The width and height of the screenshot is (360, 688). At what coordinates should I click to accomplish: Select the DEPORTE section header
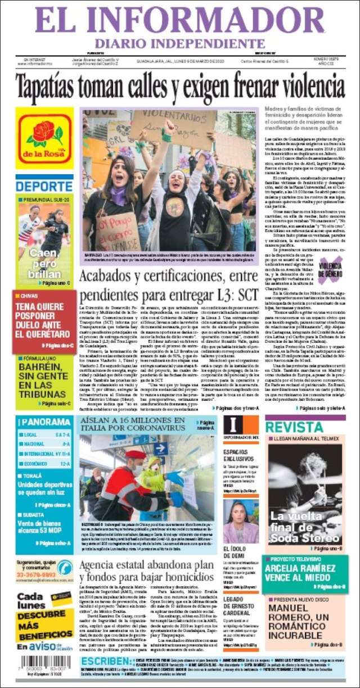44,187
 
